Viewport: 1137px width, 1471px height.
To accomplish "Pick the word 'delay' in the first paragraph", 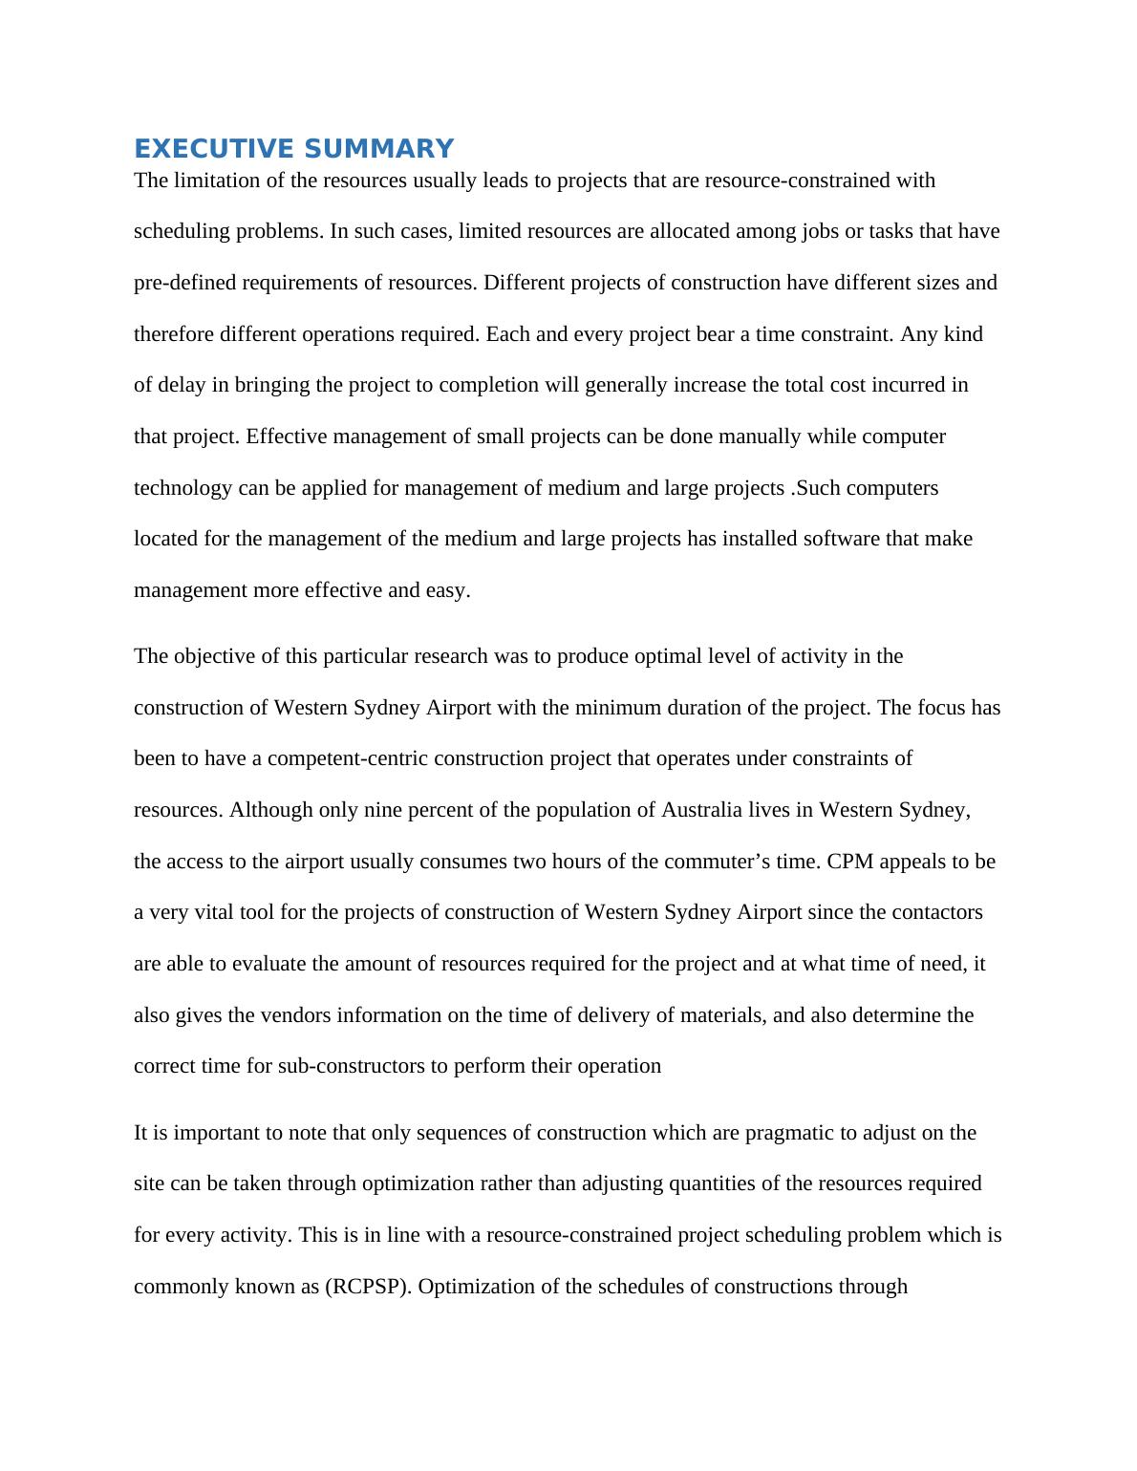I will [181, 385].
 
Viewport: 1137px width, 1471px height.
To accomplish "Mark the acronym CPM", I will [849, 862].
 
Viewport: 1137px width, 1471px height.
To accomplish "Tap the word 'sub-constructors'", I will [351, 1066].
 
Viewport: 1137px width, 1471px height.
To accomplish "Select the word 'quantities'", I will [661, 1183].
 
